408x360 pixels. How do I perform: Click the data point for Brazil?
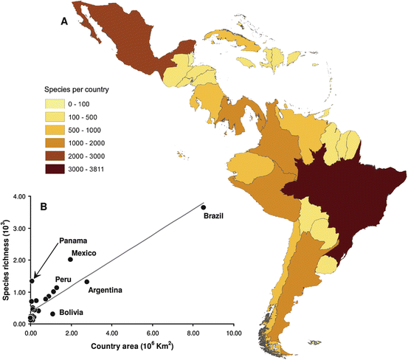(x=204, y=207)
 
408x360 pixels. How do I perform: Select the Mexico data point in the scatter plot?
(x=70, y=260)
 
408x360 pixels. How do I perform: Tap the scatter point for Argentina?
(x=87, y=282)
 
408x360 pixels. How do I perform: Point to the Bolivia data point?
(x=52, y=314)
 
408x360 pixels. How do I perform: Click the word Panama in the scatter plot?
(x=73, y=241)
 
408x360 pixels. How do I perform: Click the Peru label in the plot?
(x=63, y=280)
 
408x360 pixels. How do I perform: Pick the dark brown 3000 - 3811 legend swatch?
(x=55, y=169)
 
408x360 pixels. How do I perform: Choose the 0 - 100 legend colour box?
(x=55, y=104)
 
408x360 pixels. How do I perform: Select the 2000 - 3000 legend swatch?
(x=55, y=156)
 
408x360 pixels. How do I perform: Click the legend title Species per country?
(x=77, y=90)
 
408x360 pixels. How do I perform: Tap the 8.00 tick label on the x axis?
(x=193, y=333)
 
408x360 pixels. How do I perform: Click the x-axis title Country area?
(x=133, y=346)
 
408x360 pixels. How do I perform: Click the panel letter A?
(x=64, y=21)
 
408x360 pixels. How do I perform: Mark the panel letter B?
(x=44, y=207)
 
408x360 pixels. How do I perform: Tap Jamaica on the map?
(x=246, y=63)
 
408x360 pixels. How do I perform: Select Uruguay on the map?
(x=328, y=265)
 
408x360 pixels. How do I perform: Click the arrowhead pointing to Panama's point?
(x=36, y=274)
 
